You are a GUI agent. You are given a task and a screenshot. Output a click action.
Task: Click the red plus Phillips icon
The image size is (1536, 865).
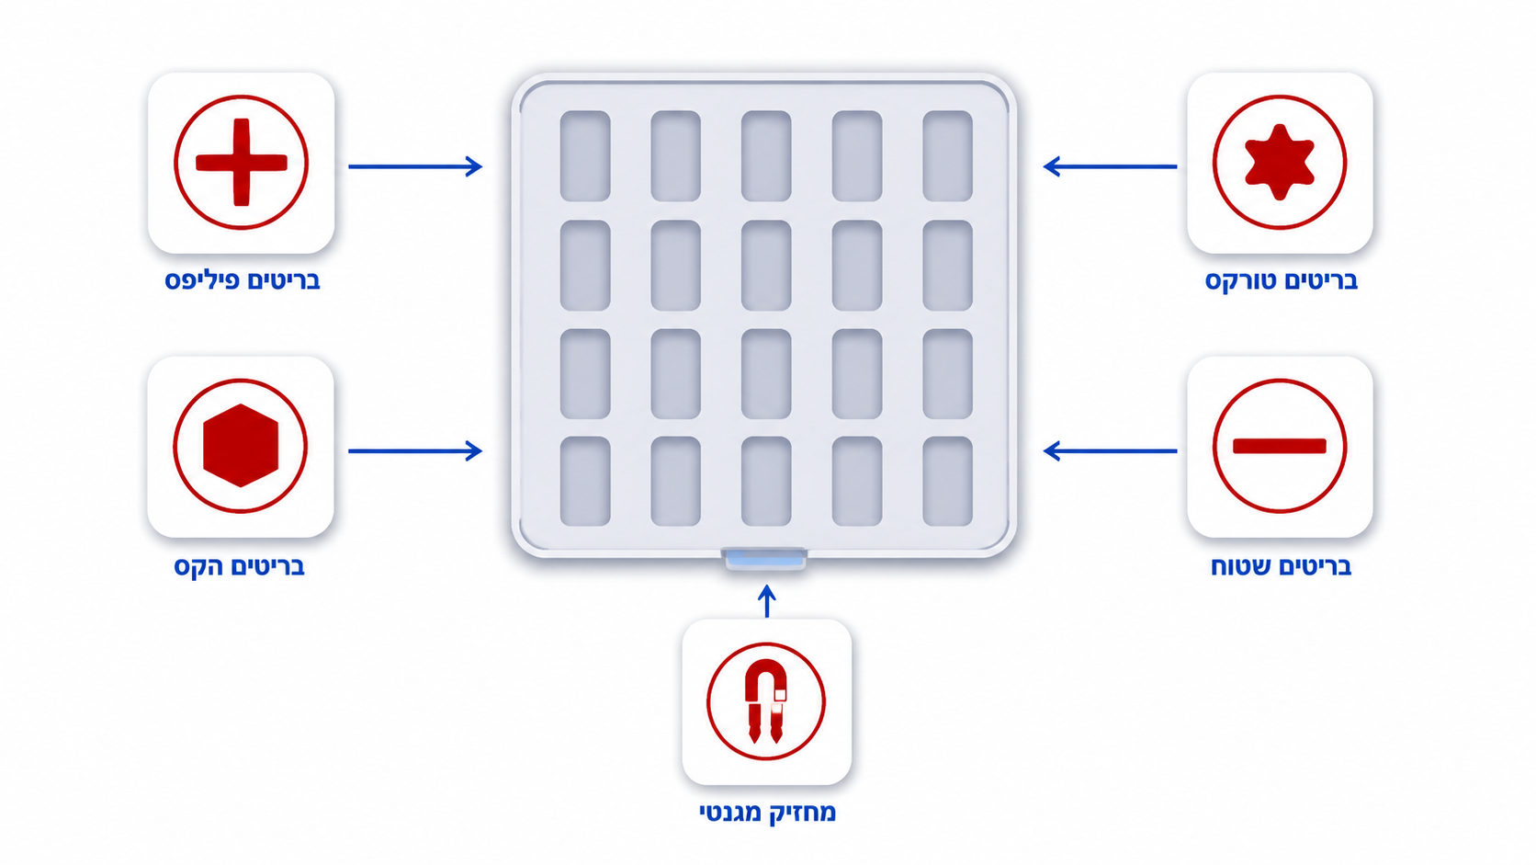click(241, 163)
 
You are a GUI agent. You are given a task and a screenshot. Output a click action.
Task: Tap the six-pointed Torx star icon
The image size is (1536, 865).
click(1280, 163)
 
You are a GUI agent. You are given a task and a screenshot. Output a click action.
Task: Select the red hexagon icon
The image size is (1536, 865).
click(241, 446)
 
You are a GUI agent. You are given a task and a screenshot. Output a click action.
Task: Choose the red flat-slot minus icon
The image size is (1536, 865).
click(1280, 447)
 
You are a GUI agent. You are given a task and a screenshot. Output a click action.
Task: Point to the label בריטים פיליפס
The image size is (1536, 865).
click(242, 280)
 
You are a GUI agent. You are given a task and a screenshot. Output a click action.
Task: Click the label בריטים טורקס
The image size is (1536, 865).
click(1281, 280)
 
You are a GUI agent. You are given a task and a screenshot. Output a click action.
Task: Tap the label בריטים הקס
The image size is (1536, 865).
click(240, 566)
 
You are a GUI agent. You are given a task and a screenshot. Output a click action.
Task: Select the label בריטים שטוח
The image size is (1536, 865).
click(1281, 566)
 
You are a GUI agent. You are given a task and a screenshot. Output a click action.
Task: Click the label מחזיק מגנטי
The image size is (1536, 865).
click(767, 813)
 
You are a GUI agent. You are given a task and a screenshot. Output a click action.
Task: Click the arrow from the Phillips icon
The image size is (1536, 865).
click(415, 166)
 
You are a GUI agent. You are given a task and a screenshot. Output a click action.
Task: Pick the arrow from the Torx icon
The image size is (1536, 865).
click(1110, 166)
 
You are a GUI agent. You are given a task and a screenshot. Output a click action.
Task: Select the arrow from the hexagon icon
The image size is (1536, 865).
click(415, 450)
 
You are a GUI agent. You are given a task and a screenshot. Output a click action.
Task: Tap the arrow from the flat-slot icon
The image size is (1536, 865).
click(1110, 450)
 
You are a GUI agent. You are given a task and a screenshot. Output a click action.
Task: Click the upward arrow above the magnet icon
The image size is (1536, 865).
click(767, 601)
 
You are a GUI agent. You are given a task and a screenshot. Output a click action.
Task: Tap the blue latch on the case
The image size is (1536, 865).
click(764, 558)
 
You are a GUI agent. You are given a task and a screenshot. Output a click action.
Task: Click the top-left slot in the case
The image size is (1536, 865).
click(585, 155)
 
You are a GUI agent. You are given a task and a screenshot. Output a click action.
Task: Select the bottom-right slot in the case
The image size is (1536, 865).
click(948, 482)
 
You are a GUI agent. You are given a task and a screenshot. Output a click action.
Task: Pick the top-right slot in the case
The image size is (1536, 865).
click(948, 155)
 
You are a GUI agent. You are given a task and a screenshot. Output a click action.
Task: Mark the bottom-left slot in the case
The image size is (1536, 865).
click(585, 482)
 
